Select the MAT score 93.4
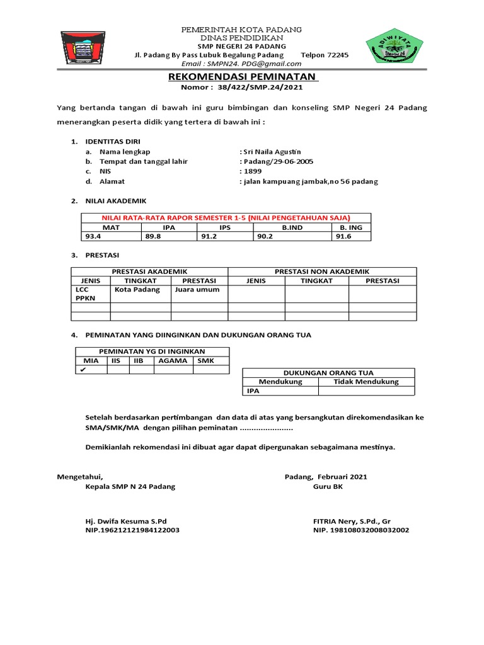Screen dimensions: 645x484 (94, 236)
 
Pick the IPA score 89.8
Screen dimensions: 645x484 (154, 236)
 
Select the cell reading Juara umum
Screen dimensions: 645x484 (197, 290)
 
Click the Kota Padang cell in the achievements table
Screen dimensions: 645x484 (137, 290)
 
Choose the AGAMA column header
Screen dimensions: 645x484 (173, 361)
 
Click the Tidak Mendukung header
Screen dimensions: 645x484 (366, 382)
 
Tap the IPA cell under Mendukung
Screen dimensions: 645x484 (253, 391)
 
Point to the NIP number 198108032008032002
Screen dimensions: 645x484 (361, 530)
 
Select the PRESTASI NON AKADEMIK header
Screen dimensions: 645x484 (322, 271)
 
